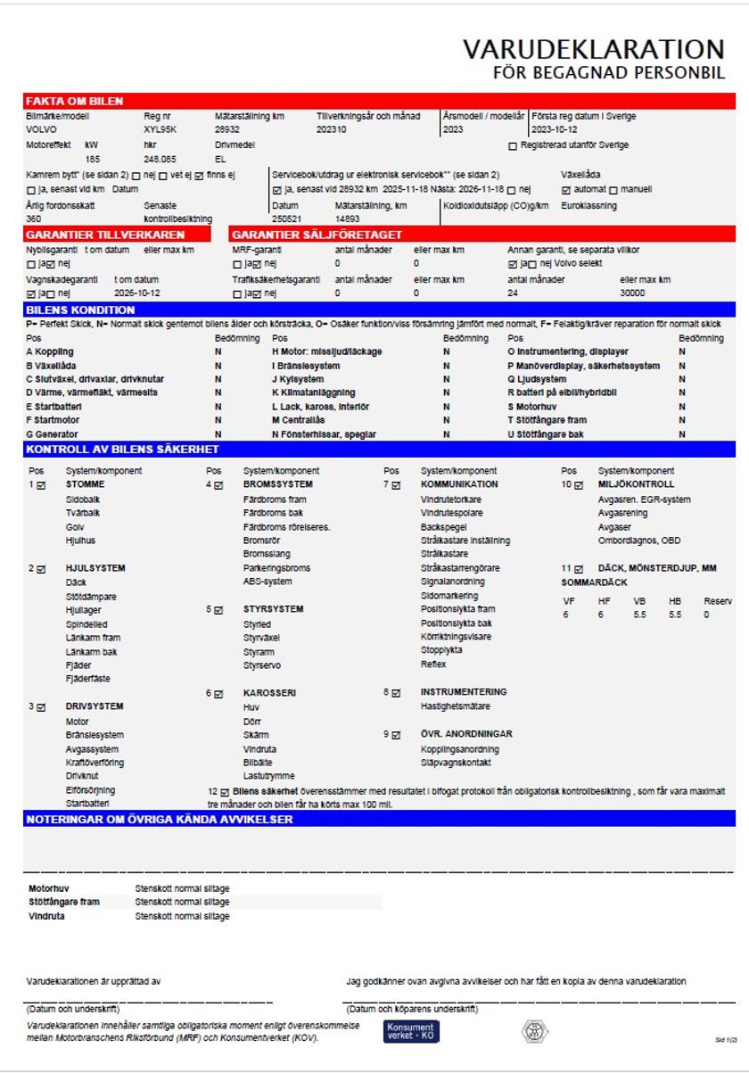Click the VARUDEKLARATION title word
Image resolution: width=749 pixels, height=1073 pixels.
pyautogui.click(x=593, y=49)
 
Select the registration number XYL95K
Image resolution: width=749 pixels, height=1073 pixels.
pyautogui.click(x=160, y=129)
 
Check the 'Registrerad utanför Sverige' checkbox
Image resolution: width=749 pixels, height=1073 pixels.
pyautogui.click(x=513, y=145)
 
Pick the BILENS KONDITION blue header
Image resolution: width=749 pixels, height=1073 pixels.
pyautogui.click(x=80, y=310)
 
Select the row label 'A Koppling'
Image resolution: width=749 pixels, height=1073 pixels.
pyautogui.click(x=50, y=351)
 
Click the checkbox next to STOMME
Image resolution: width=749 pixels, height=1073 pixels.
pyautogui.click(x=41, y=485)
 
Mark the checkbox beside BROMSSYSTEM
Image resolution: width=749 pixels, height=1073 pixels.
pyautogui.click(x=218, y=485)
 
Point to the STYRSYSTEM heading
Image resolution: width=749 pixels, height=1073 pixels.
pyautogui.click(x=274, y=609)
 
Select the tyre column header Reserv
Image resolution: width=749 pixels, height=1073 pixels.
pyautogui.click(x=718, y=601)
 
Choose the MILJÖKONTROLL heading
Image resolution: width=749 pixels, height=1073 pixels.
pyautogui.click(x=636, y=484)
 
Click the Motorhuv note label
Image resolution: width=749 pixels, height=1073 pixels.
pyautogui.click(x=50, y=888)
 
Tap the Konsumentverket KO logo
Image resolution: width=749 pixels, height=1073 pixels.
pyautogui.click(x=411, y=1031)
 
